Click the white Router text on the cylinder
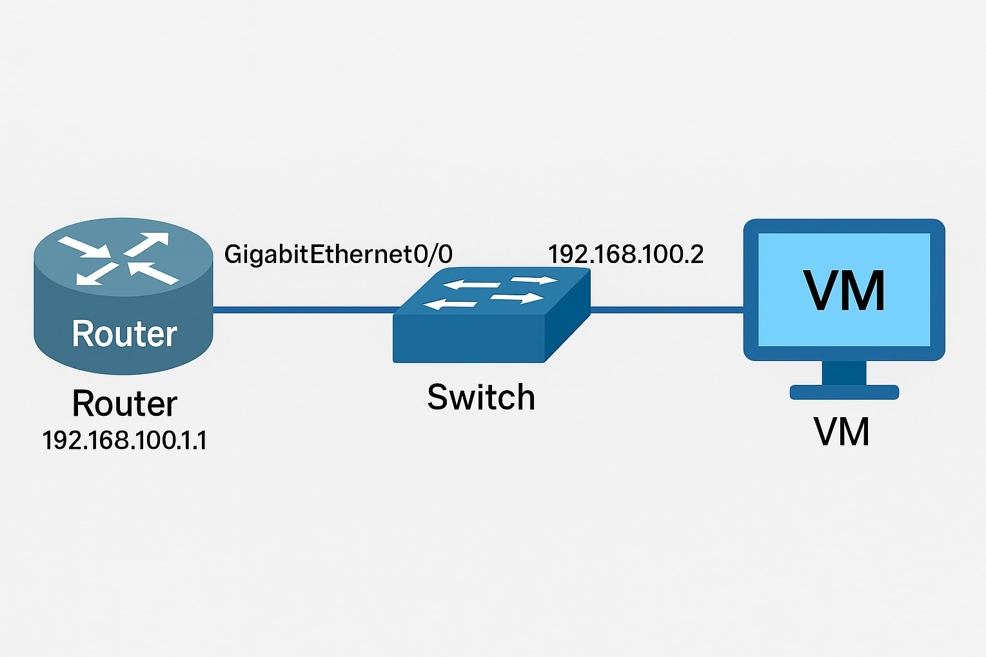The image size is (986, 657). [x=124, y=334]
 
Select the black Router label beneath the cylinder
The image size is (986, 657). [x=124, y=404]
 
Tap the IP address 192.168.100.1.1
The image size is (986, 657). [x=124, y=440]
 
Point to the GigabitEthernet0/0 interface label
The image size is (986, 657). [x=338, y=254]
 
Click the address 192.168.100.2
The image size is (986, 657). [x=626, y=254]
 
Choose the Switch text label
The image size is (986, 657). [x=481, y=397]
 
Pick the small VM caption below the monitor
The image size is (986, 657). [x=842, y=432]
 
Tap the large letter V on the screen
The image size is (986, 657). [x=822, y=291]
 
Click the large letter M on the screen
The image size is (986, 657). [x=864, y=291]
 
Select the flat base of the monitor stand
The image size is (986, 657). [x=844, y=392]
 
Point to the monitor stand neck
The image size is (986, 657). [x=844, y=373]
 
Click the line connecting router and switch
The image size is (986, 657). [x=303, y=310]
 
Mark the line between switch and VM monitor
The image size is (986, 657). [x=667, y=310]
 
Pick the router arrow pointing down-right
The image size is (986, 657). [x=84, y=247]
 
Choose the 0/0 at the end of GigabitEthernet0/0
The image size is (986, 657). [x=433, y=254]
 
